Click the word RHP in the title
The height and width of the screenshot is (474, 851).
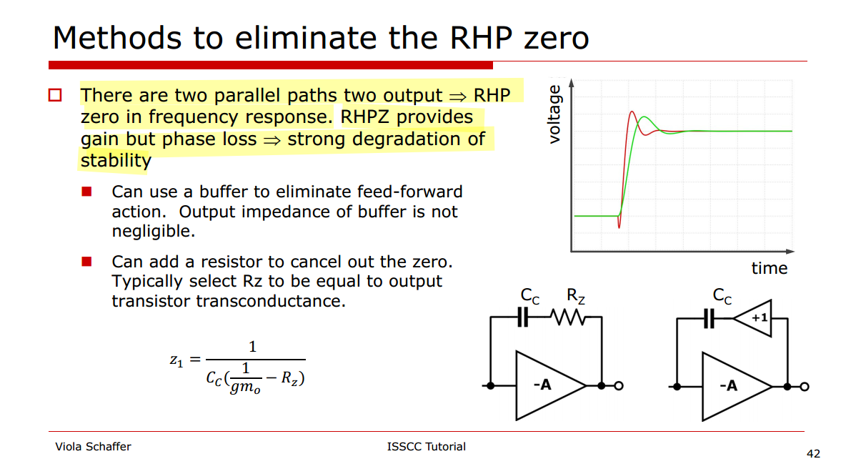coord(481,38)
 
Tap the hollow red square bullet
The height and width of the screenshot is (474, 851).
coord(55,96)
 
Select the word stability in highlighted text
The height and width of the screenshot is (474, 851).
coord(116,161)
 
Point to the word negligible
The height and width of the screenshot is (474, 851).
coord(153,232)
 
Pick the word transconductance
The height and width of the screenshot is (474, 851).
coord(271,301)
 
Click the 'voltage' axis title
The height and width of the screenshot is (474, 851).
coord(554,114)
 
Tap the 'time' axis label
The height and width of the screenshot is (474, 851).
coord(769,268)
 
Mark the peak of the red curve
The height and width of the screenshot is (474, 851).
coord(632,112)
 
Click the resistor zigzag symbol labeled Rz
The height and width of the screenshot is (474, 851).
coord(568,317)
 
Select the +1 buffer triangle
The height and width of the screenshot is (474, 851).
coord(752,318)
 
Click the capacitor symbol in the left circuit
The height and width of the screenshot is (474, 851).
coord(522,317)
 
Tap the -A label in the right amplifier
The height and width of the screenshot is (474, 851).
coord(728,386)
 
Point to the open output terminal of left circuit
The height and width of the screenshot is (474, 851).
coord(618,386)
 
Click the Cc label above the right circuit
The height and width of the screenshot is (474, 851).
coord(722,296)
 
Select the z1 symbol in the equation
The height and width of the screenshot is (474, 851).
coord(176,360)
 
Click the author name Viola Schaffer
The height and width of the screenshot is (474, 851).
coord(93,447)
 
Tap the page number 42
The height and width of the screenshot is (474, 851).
coord(814,454)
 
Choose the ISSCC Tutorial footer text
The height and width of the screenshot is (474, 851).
coord(426,447)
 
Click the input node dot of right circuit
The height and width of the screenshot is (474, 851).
coord(677,387)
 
